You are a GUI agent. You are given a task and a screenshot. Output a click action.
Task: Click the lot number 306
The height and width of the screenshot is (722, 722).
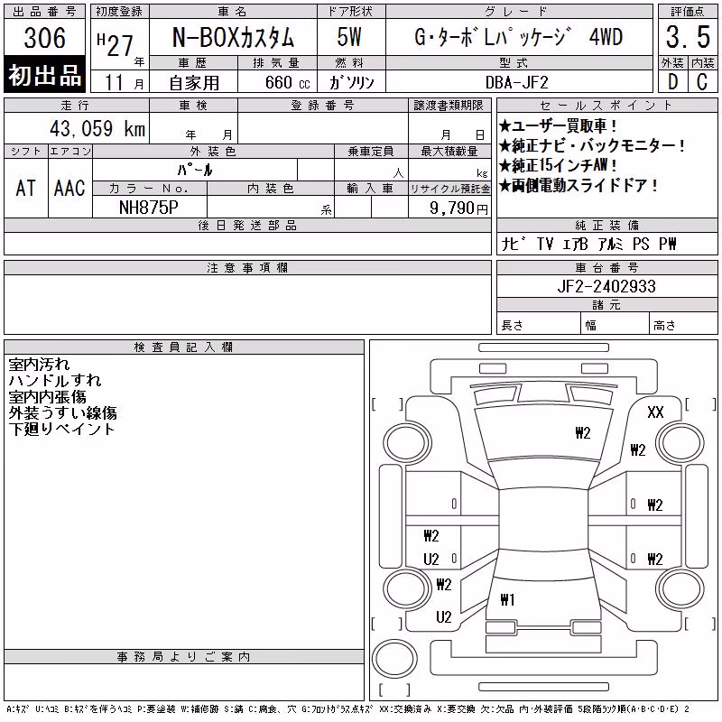click(44, 37)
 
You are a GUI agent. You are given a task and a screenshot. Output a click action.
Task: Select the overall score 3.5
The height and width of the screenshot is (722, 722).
click(688, 37)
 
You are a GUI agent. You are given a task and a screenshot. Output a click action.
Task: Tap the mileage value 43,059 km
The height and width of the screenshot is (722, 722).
click(97, 128)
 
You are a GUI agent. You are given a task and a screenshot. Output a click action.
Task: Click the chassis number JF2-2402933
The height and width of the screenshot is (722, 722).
click(606, 286)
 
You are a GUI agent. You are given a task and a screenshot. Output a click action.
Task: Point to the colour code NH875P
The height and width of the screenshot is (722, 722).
click(149, 208)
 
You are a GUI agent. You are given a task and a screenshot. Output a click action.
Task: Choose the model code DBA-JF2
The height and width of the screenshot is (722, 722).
click(517, 82)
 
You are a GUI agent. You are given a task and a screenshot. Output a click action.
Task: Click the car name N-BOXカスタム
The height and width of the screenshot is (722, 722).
click(233, 37)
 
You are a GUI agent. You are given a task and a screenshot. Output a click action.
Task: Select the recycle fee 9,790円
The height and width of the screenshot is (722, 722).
click(458, 208)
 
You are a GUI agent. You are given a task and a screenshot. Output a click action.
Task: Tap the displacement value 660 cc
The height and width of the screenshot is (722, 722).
click(287, 82)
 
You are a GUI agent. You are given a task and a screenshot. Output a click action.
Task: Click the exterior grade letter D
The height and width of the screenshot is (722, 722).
click(672, 82)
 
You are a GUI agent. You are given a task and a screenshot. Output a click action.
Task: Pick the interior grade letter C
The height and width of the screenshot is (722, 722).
click(702, 82)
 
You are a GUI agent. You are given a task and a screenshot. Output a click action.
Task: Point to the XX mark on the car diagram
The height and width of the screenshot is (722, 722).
click(655, 412)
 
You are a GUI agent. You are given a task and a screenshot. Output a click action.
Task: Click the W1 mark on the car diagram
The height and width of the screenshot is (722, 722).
click(507, 599)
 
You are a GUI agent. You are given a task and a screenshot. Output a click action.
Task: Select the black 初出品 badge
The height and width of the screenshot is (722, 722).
click(44, 75)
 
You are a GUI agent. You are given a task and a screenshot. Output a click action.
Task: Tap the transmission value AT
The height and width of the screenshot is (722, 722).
click(25, 188)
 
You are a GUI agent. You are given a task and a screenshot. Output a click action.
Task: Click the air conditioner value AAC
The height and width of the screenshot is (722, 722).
click(69, 188)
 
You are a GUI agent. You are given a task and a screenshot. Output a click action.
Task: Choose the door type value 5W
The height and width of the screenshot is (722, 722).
click(349, 37)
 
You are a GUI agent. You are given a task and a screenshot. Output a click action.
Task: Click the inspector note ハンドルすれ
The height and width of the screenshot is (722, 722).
click(55, 380)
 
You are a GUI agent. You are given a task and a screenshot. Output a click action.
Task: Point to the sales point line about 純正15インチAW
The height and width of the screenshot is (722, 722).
click(558, 165)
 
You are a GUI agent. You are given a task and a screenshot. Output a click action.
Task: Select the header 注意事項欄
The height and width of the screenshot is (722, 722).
click(247, 267)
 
